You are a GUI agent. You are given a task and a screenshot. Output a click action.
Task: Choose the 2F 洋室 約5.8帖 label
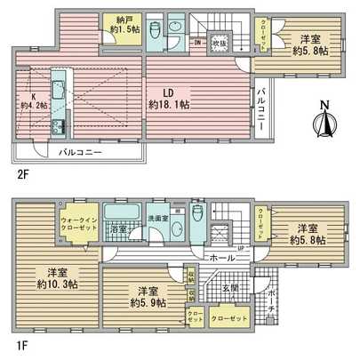click(x=308, y=44)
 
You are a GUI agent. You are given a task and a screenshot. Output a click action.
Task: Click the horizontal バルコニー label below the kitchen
click(x=81, y=152)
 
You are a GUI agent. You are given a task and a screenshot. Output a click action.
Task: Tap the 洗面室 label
click(x=158, y=220)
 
